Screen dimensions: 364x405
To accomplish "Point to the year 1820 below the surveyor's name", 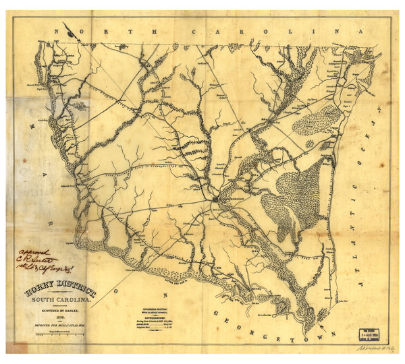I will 67,321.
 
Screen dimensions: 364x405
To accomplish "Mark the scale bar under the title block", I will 67,336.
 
